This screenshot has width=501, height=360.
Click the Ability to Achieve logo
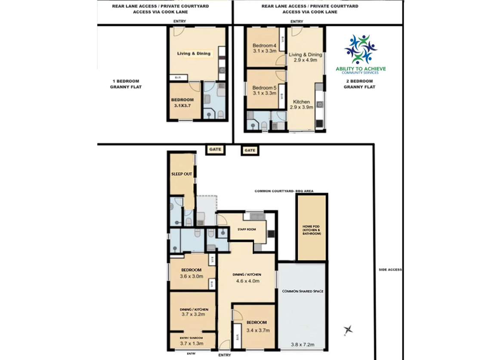[361, 54]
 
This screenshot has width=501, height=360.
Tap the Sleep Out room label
[182, 174]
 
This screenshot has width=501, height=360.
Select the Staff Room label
[247, 229]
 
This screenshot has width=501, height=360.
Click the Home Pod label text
[311, 230]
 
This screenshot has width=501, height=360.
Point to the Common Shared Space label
[303, 291]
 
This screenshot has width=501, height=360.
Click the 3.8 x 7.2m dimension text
[303, 344]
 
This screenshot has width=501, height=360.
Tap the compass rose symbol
[348, 329]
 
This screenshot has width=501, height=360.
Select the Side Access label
[390, 270]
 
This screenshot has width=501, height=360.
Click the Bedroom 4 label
[264, 45]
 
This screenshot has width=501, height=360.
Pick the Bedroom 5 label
[264, 87]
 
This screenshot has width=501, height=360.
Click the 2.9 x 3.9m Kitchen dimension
[301, 107]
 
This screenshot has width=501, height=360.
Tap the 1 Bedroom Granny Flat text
[126, 84]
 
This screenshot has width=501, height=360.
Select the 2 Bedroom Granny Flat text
[359, 84]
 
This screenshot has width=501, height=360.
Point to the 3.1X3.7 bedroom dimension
[182, 106]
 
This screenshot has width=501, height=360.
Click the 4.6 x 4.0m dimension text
[247, 281]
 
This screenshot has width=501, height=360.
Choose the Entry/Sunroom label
[191, 338]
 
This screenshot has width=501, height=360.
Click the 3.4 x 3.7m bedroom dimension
[258, 330]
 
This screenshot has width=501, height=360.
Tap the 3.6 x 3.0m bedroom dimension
[192, 276]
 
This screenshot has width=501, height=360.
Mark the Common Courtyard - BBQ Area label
[284, 191]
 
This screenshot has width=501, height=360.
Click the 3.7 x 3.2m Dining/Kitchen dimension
[193, 314]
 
